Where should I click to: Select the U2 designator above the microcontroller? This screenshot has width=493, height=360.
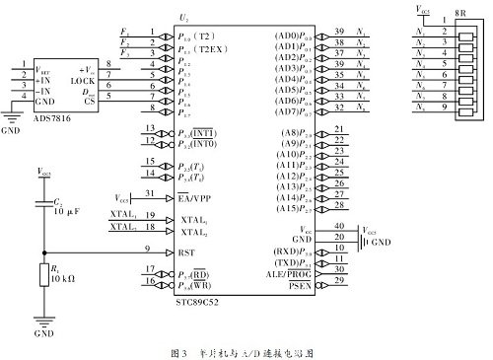click(240, 19)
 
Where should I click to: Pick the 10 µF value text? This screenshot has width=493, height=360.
click(67, 211)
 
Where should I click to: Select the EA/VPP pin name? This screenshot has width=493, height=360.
click(201, 196)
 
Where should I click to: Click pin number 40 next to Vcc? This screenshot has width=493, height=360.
click(340, 226)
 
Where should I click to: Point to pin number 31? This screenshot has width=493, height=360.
click(150, 193)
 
